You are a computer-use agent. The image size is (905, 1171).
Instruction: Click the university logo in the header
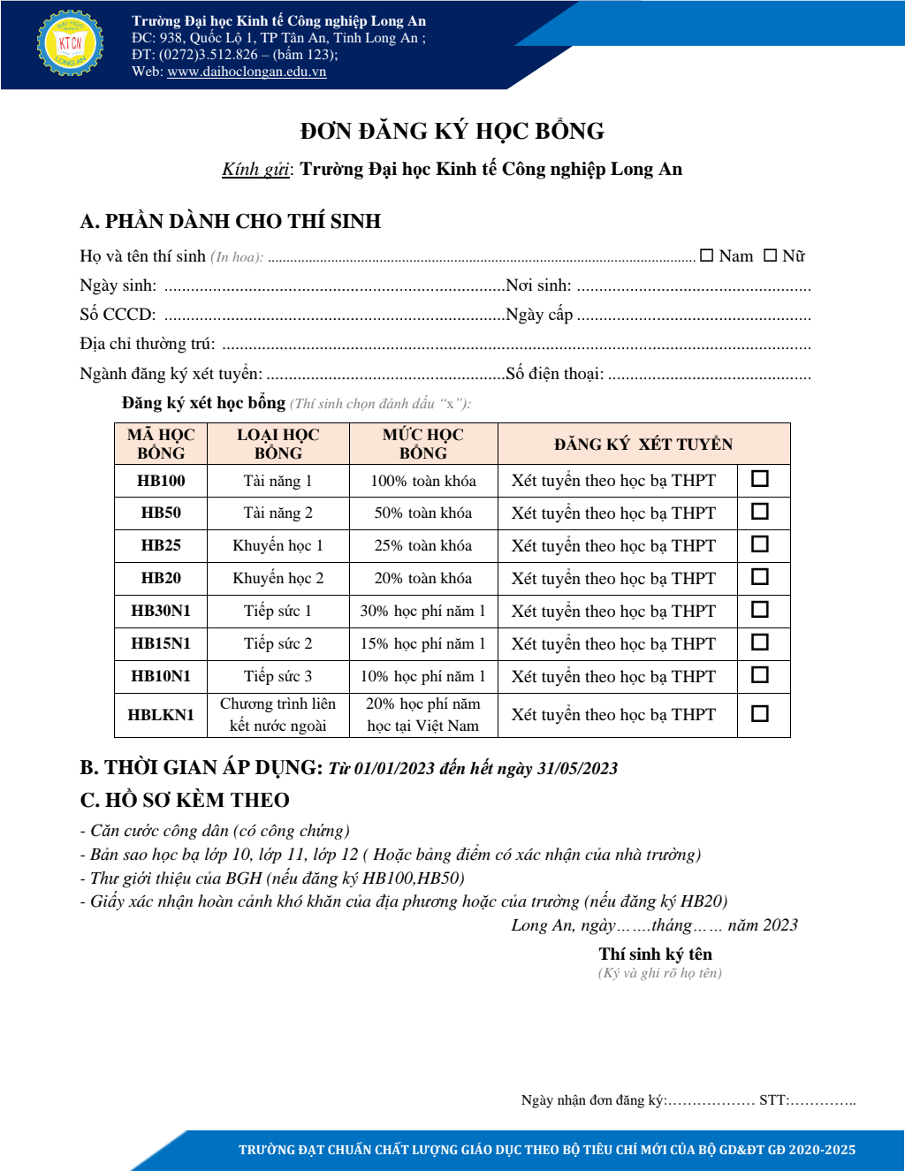[x=70, y=42]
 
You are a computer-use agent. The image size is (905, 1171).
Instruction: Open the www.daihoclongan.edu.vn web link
[x=247, y=72]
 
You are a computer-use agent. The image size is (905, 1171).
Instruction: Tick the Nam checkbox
[x=707, y=255]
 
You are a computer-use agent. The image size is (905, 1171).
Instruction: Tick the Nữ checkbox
[x=771, y=255]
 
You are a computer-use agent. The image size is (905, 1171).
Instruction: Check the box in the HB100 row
[x=759, y=479]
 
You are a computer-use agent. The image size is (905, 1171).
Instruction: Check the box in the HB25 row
[x=759, y=544]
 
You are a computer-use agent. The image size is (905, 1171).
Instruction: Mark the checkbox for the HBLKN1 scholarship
[x=759, y=713]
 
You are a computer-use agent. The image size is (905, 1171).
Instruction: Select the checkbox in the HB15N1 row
[x=759, y=643]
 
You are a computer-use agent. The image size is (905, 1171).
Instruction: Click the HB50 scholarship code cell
[x=161, y=513]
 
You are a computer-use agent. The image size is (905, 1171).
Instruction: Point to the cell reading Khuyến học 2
[x=278, y=578]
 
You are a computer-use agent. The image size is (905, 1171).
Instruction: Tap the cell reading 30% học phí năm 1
[x=423, y=611]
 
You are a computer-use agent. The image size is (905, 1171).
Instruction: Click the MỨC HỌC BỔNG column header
[x=423, y=444]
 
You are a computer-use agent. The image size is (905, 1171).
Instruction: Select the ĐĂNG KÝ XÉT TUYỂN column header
[x=643, y=444]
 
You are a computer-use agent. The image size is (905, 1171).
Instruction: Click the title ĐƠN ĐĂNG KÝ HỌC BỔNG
[x=452, y=132]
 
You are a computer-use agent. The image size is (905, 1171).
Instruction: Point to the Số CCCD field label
[x=118, y=315]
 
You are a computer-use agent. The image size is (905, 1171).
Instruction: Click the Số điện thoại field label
[x=555, y=374]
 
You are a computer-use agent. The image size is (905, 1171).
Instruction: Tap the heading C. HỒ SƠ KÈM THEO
[x=185, y=800]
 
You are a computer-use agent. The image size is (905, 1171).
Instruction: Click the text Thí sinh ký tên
[x=655, y=954]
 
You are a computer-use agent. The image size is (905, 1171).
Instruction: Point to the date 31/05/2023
[x=577, y=768]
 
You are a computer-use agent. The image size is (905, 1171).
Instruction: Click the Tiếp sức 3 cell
[x=278, y=676]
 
